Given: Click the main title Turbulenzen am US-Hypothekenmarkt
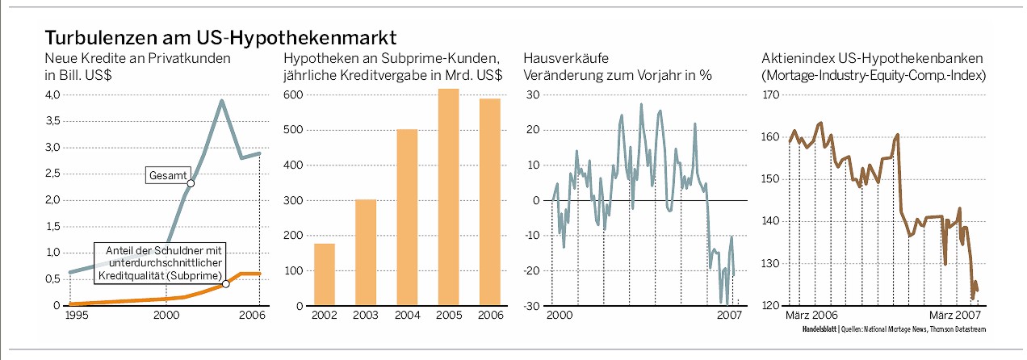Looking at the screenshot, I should coord(220,37).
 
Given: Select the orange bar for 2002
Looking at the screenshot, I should coord(324,274).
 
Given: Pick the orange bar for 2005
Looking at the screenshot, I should coord(448,197).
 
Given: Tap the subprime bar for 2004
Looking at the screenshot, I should coord(407,217).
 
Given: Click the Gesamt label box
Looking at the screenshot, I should coord(167,174).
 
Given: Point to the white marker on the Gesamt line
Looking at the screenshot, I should coord(191,183).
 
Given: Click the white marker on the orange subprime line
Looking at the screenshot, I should coord(226,283).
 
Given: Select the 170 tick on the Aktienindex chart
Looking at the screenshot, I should coord(772,95).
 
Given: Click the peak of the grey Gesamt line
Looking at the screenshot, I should coord(221,101).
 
